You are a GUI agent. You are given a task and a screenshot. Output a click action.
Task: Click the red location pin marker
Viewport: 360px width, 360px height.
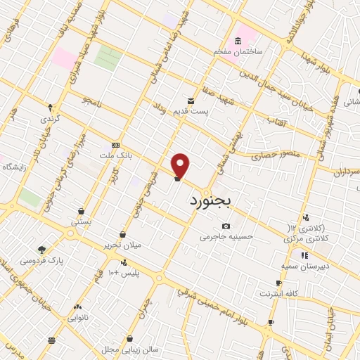(x=181, y=165)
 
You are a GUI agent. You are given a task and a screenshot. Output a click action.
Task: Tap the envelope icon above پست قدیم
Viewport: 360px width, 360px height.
(x=191, y=101)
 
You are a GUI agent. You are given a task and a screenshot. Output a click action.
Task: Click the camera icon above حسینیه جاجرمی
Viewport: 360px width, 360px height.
(x=226, y=226)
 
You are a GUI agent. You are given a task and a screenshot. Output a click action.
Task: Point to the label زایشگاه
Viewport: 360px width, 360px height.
(x=14, y=167)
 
